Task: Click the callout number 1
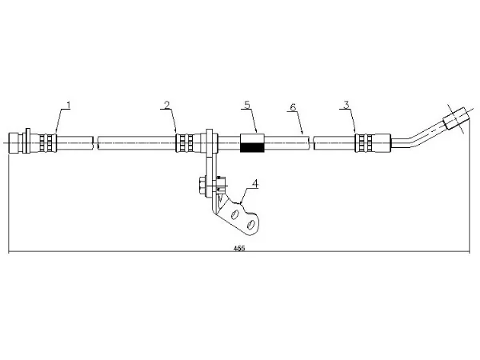(69, 106)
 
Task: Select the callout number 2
(166, 106)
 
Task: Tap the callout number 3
(346, 105)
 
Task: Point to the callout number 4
(255, 184)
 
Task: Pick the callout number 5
(247, 105)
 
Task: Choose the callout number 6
(293, 107)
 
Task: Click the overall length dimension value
(239, 249)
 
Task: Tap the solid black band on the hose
(252, 147)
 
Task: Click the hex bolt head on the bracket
(202, 186)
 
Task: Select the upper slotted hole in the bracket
(235, 215)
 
